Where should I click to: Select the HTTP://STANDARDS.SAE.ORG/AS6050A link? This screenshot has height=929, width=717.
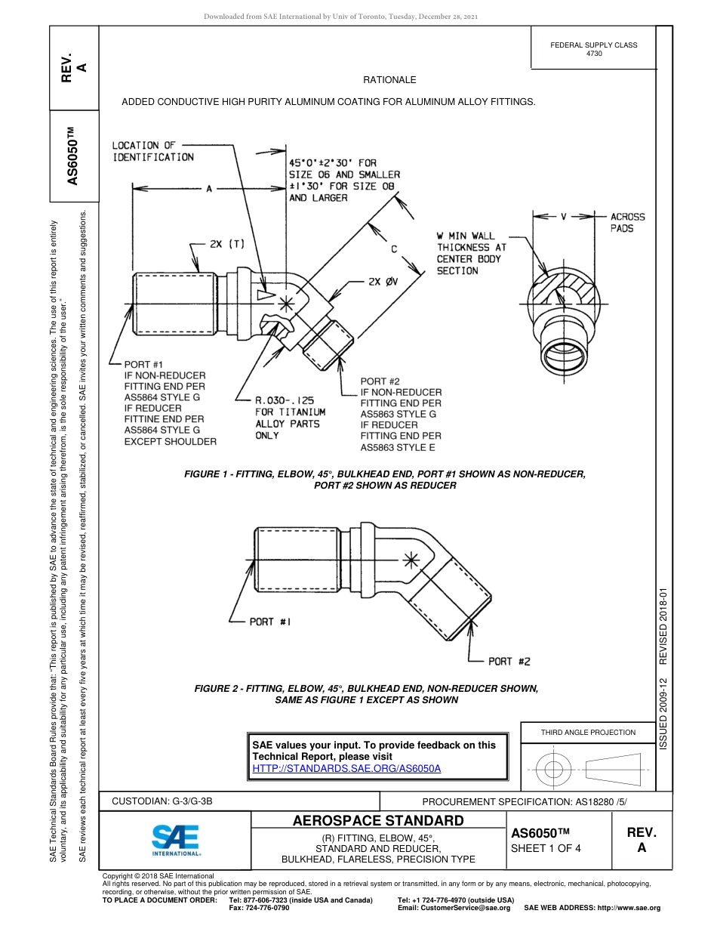pyautogui.click(x=346, y=768)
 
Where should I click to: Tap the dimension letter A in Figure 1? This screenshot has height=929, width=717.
pyautogui.click(x=209, y=189)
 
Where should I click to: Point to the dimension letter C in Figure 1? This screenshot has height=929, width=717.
pyautogui.click(x=393, y=248)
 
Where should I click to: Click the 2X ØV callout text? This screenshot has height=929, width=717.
pyautogui.click(x=385, y=282)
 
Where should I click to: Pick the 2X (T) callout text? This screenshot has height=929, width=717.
pyautogui.click(x=227, y=244)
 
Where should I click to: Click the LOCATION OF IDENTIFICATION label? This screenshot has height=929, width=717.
pyautogui.click(x=153, y=151)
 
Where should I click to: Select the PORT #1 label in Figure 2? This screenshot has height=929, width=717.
pyautogui.click(x=270, y=622)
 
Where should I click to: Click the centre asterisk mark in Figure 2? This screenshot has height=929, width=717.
pyautogui.click(x=410, y=560)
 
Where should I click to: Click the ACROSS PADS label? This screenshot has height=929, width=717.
pyautogui.click(x=627, y=222)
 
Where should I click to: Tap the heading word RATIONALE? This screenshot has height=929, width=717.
pyautogui.click(x=389, y=79)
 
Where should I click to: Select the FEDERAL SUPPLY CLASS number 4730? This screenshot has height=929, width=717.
pyautogui.click(x=594, y=54)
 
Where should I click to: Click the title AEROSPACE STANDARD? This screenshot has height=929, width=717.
pyautogui.click(x=377, y=821)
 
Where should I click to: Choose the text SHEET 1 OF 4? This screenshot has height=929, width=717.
pyautogui.click(x=546, y=847)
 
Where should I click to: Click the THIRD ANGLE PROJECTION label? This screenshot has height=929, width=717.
pyautogui.click(x=588, y=732)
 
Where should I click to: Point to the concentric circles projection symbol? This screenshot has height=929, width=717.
pyautogui.click(x=554, y=770)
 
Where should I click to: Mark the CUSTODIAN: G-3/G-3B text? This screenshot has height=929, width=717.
pyautogui.click(x=168, y=801)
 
